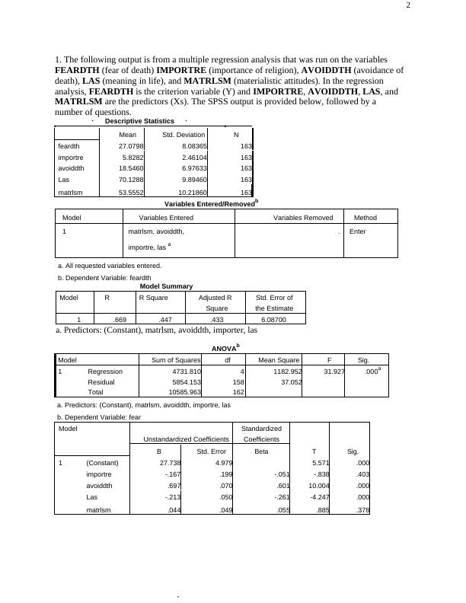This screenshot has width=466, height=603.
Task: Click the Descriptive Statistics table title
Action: click(x=139, y=121)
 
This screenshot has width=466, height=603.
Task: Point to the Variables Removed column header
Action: click(x=303, y=218)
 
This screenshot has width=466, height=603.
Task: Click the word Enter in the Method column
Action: click(x=356, y=231)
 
